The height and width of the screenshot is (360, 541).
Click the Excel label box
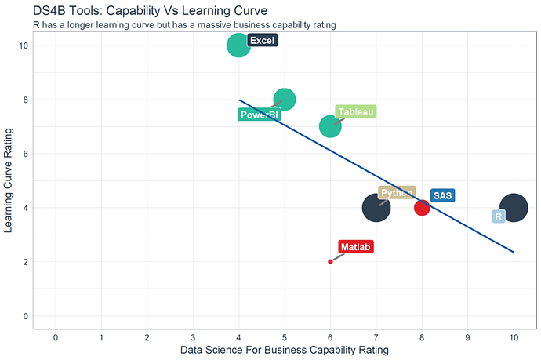point(262,41)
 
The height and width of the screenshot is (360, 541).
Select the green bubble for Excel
point(238,45)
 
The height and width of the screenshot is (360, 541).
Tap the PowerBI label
point(258,115)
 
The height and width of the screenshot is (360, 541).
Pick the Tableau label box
point(355,111)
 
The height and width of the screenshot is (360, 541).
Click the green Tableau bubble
point(330,126)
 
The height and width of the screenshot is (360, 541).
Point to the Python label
point(396,193)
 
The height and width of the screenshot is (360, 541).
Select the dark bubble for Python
point(376,208)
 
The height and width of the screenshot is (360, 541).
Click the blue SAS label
point(443,195)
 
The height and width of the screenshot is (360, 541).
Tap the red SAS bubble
point(422,208)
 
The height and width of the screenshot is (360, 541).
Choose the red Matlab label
point(356,247)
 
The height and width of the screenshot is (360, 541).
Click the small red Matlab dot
point(330,261)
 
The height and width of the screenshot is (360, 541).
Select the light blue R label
point(498,216)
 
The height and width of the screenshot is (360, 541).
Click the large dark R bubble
point(514,208)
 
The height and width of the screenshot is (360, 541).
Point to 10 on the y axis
point(24,45)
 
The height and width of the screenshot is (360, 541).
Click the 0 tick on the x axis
point(56,337)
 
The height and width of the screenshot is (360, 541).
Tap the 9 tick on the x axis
point(467,337)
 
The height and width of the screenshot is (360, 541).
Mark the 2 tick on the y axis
point(26,262)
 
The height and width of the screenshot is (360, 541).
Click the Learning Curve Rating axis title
point(9,181)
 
